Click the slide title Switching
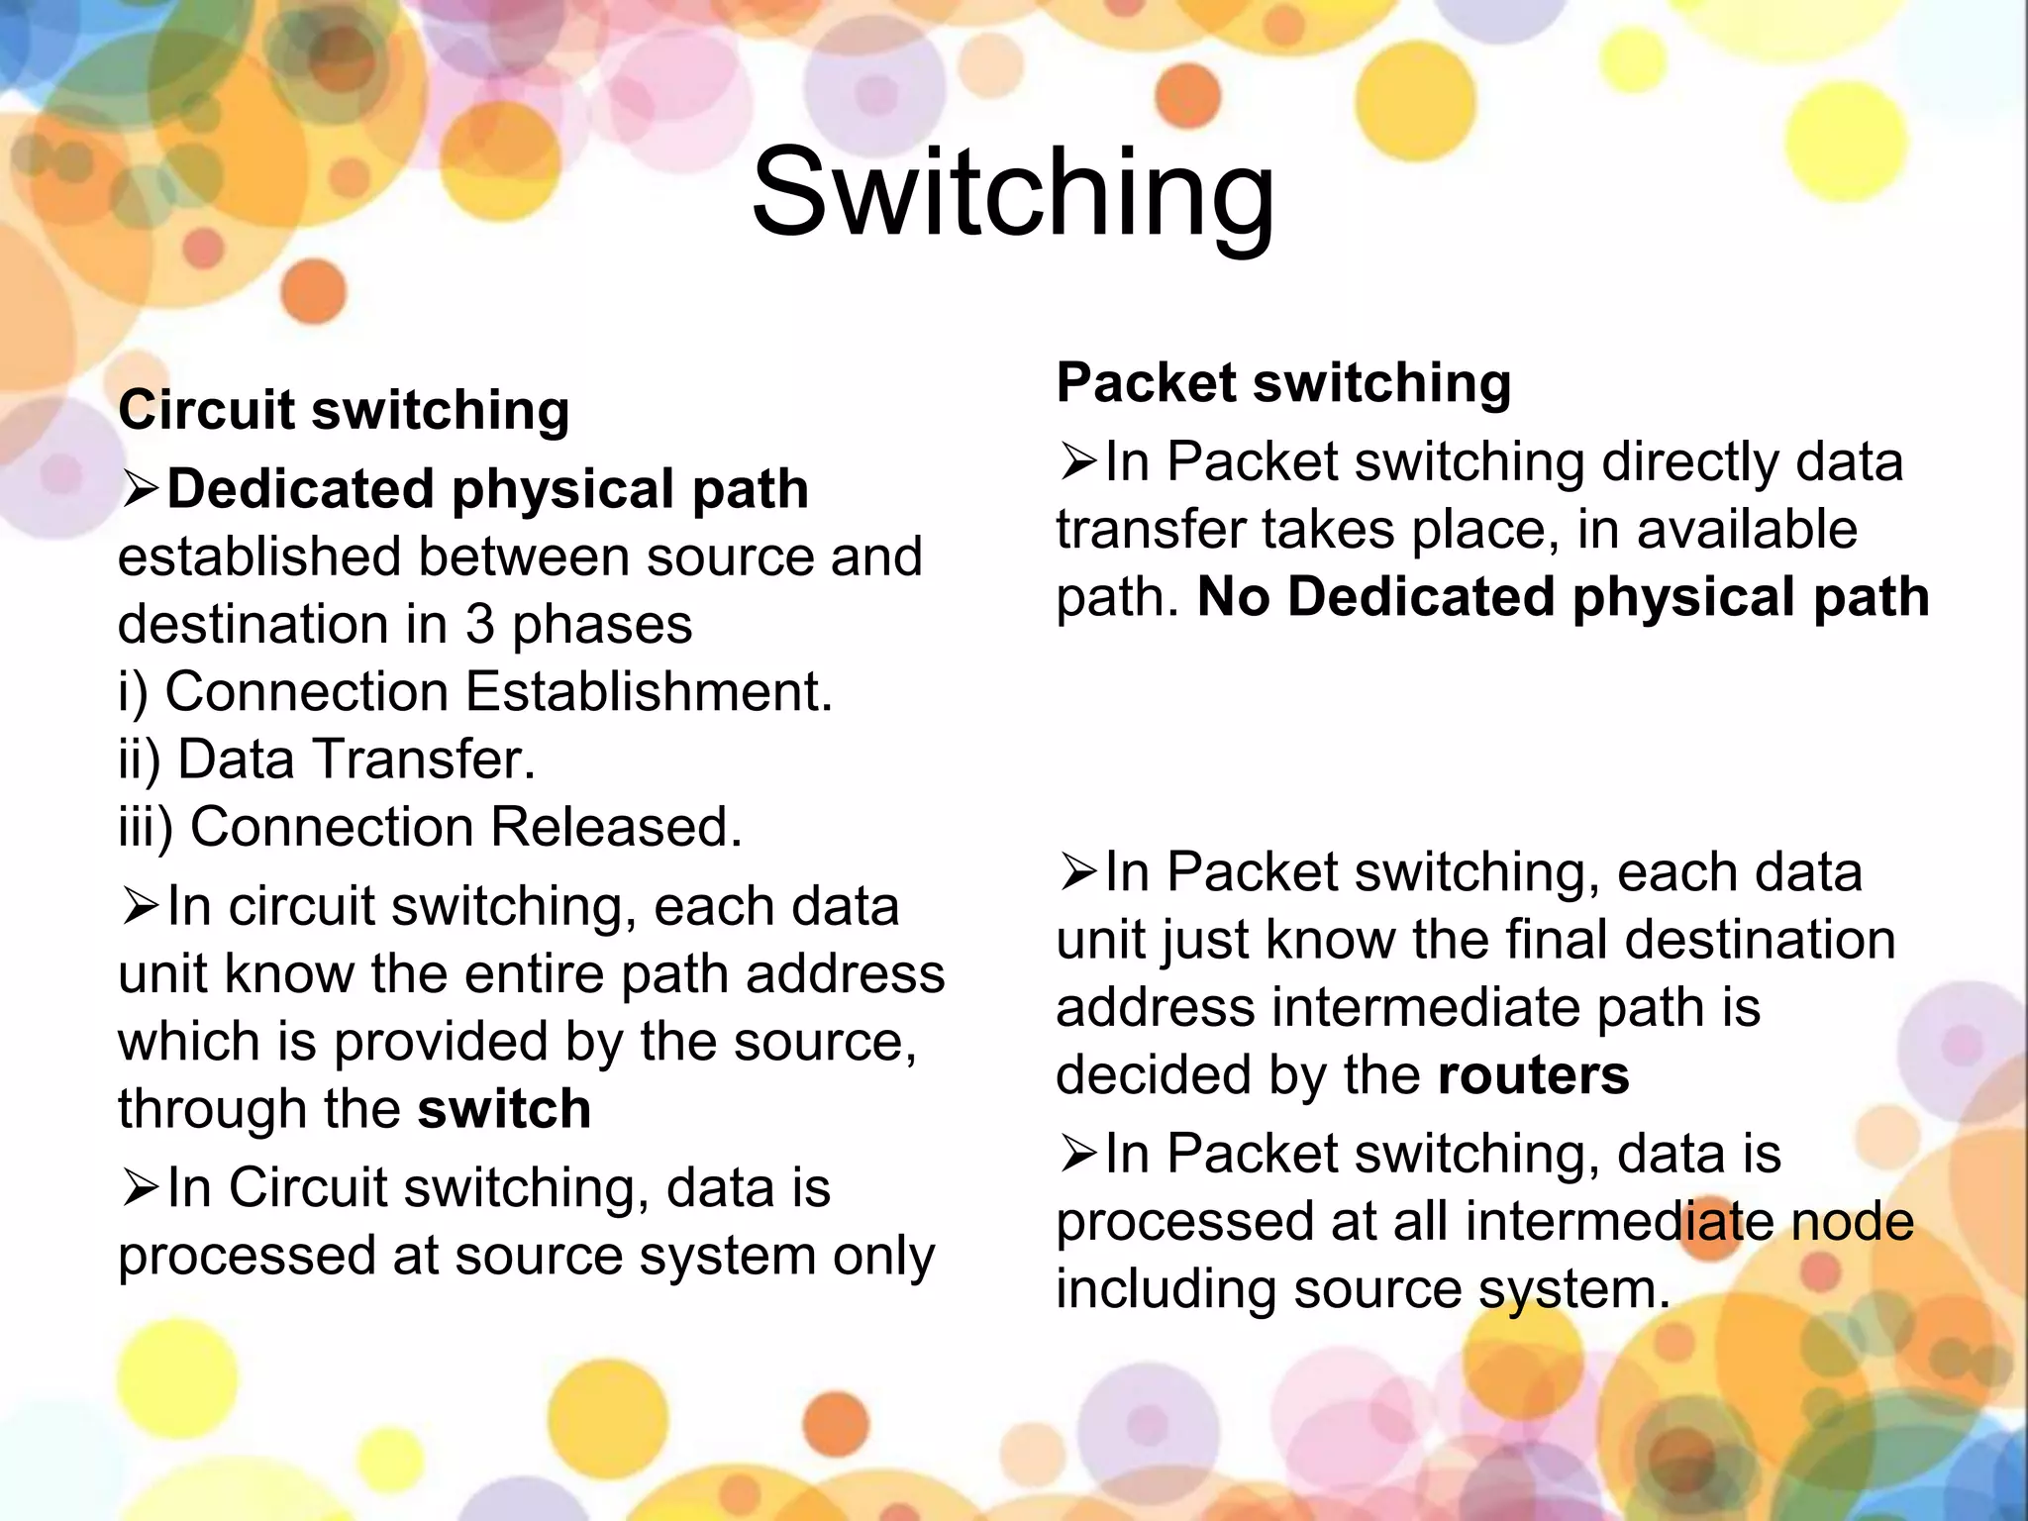(x=1013, y=193)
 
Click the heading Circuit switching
(x=344, y=410)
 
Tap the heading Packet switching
(x=1283, y=382)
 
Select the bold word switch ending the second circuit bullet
(x=504, y=1108)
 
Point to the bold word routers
(x=1533, y=1074)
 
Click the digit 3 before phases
(x=480, y=624)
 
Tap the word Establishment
(x=649, y=691)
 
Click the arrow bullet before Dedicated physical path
(x=141, y=489)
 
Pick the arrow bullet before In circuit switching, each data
(x=141, y=906)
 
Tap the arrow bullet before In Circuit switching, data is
(x=141, y=1187)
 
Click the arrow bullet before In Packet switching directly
(x=1078, y=461)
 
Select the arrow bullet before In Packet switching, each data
(x=1078, y=872)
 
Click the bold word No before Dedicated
(x=1234, y=597)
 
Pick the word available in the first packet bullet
(x=1747, y=529)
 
